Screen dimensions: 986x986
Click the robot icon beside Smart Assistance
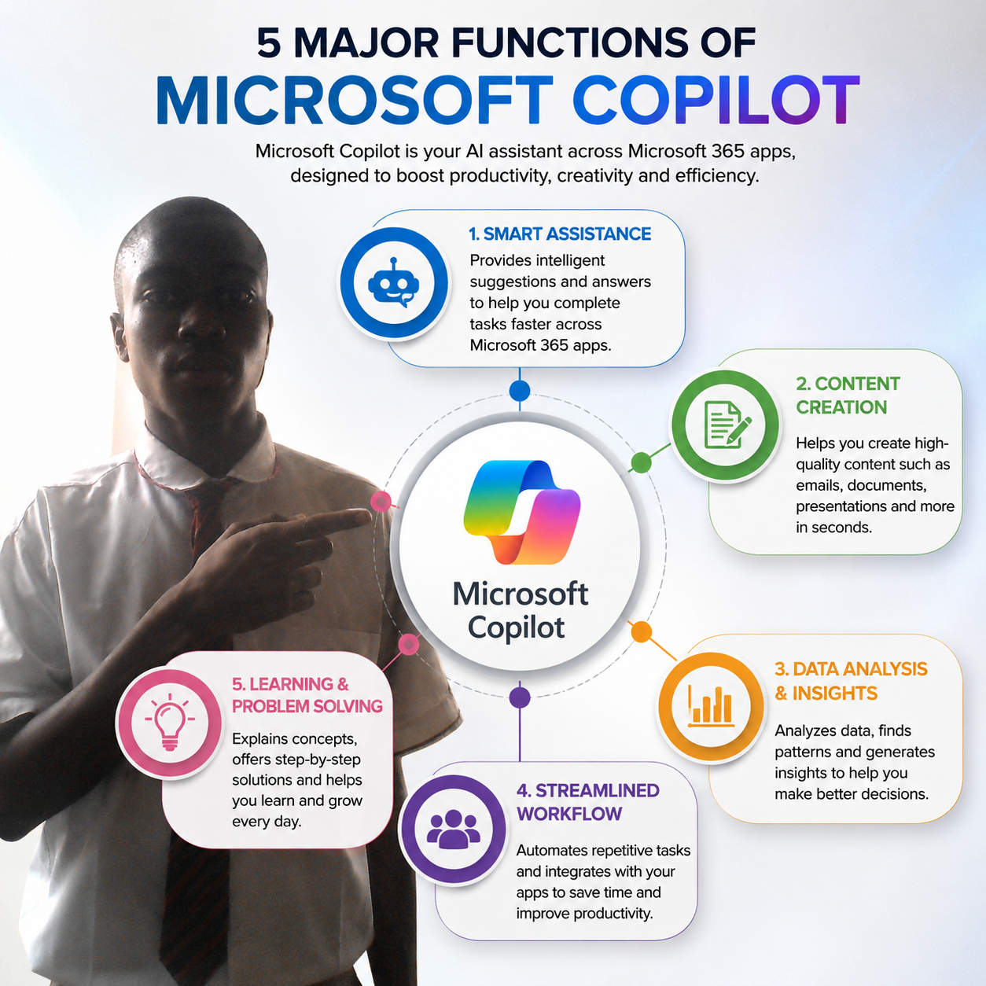(x=393, y=282)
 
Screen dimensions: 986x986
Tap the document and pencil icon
(x=727, y=425)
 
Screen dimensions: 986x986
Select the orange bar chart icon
(x=711, y=706)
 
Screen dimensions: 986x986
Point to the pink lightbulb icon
(x=170, y=722)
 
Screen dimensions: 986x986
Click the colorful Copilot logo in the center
(x=521, y=512)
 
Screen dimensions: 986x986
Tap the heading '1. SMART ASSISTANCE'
(x=560, y=234)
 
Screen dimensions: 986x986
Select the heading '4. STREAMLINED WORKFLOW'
(x=588, y=802)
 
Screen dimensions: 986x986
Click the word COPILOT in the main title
(x=716, y=101)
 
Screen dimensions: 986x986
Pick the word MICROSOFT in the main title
(x=355, y=101)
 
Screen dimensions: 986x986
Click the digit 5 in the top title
(x=269, y=43)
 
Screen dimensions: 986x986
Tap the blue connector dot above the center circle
(x=520, y=391)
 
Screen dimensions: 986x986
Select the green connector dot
(x=641, y=463)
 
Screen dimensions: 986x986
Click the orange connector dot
(x=641, y=632)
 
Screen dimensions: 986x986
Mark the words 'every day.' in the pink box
(x=267, y=822)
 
